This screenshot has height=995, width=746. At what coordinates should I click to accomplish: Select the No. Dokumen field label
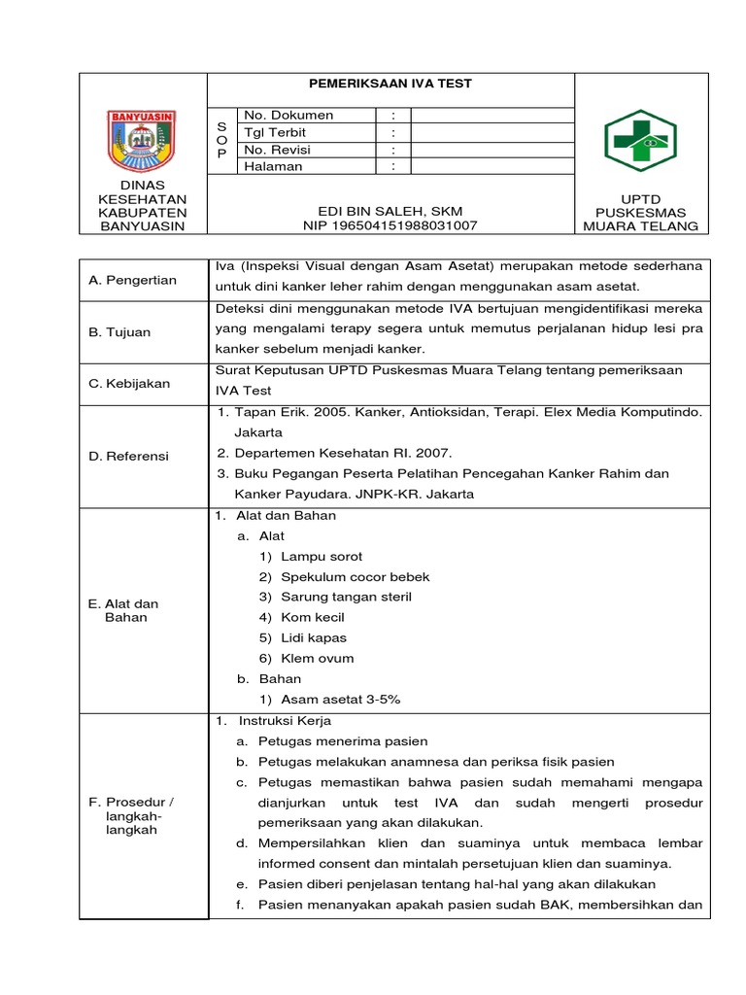[288, 115]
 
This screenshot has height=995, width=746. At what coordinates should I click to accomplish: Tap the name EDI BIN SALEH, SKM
[390, 211]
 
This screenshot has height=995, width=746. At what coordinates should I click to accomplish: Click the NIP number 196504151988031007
[390, 226]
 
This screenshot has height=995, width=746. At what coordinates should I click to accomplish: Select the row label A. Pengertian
[132, 280]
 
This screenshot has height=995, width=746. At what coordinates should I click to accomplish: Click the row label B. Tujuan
[119, 332]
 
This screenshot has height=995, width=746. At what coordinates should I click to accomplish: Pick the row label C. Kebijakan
[129, 383]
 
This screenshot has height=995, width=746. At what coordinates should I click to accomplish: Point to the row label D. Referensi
[128, 456]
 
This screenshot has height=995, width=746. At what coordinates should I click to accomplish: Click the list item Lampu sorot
[322, 557]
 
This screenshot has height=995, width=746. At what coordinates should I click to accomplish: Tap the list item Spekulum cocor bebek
[355, 577]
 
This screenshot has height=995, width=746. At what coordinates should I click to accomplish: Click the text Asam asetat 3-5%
[340, 699]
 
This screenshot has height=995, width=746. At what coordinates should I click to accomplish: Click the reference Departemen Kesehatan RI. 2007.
[344, 453]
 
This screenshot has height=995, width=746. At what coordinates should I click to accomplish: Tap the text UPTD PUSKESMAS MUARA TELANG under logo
[640, 212]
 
